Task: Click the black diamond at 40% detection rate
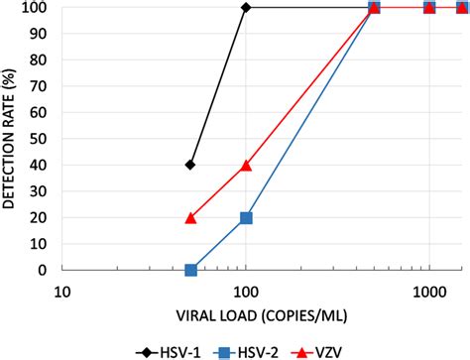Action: (x=190, y=165)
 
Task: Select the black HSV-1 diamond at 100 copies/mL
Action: (x=246, y=8)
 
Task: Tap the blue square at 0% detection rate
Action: (x=190, y=270)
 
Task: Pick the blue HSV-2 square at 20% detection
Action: (x=246, y=217)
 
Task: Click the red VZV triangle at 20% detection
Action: (x=190, y=217)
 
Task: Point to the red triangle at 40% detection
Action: (x=246, y=165)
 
